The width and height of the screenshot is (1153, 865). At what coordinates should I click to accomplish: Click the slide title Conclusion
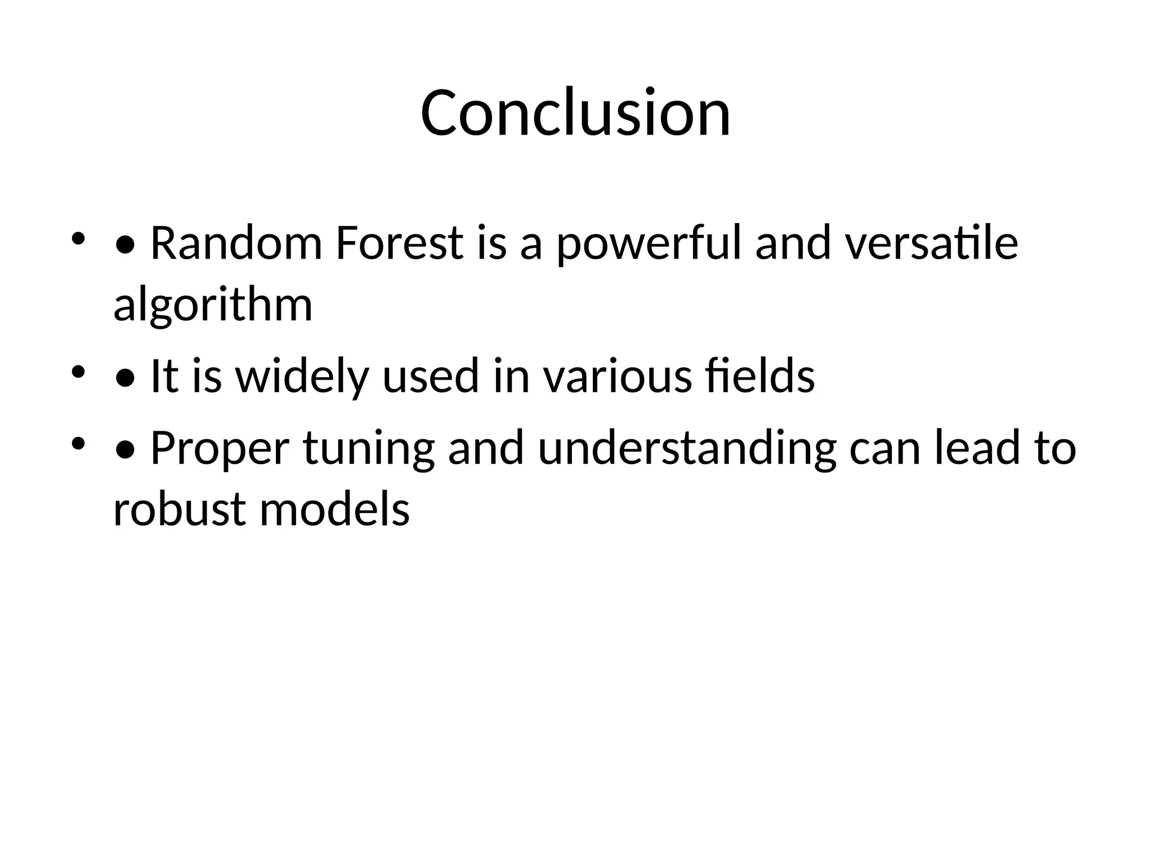[x=575, y=113]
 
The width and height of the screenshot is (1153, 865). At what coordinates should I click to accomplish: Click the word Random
[x=236, y=243]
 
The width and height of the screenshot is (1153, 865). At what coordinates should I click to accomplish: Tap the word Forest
[x=399, y=243]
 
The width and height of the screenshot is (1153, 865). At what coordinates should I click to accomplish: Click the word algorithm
[x=213, y=306]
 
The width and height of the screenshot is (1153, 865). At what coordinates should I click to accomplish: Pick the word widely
[x=302, y=377]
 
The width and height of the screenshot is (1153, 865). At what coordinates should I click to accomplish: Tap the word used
[x=431, y=376]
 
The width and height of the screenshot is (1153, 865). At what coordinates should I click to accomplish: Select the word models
[x=334, y=510]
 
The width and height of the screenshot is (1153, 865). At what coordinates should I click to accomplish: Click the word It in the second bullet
[x=164, y=376]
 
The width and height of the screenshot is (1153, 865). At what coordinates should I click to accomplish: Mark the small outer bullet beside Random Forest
[x=78, y=238]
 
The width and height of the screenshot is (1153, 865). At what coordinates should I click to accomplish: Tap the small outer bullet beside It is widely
[x=78, y=371]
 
